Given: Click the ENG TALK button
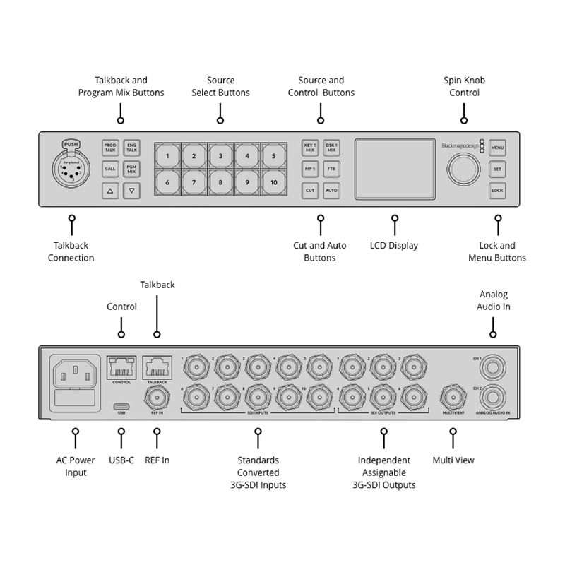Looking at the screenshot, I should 131,147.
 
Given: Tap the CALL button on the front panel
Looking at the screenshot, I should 110,169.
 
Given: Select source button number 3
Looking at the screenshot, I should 220,156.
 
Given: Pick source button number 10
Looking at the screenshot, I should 273,182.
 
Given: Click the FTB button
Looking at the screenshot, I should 332,169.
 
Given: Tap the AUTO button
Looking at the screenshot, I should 332,191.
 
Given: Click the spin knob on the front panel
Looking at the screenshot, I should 460,169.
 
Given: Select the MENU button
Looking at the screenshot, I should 497,148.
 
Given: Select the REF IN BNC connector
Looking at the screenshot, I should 156,394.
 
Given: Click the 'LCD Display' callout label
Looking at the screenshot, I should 393,246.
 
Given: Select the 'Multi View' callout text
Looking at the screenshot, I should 453,460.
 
